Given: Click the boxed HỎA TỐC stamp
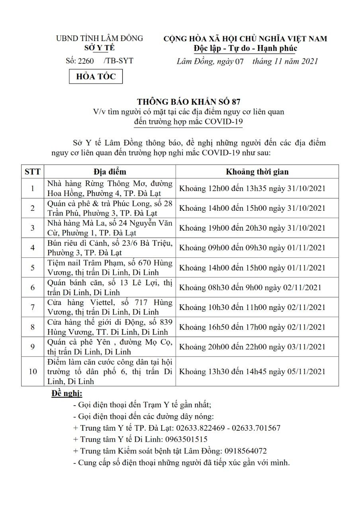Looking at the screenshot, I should (96, 76).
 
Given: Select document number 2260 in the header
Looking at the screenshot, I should (86, 61).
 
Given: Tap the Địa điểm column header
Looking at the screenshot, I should (110, 172).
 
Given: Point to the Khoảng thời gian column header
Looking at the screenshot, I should (257, 172).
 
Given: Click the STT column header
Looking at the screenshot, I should (33, 172).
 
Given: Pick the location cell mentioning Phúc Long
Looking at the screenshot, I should (110, 208).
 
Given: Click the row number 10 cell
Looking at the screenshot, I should (33, 371).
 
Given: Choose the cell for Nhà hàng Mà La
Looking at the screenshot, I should (110, 228).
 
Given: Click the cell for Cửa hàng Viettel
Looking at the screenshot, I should (110, 307).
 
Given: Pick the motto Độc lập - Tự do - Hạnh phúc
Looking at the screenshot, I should (245, 49).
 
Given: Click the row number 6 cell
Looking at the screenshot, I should (33, 287).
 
